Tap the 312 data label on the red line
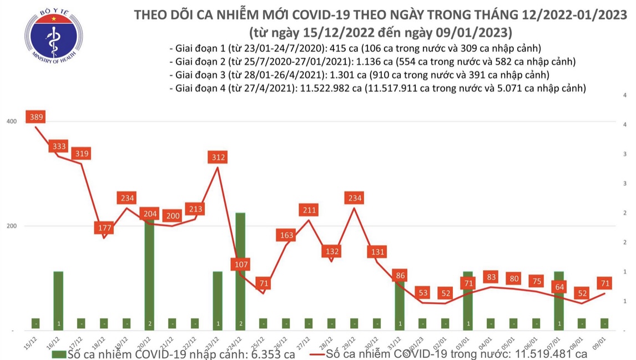219,158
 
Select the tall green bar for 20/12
150,272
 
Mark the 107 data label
241,264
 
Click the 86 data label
400,275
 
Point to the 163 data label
287,235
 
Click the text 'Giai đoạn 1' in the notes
195,48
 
